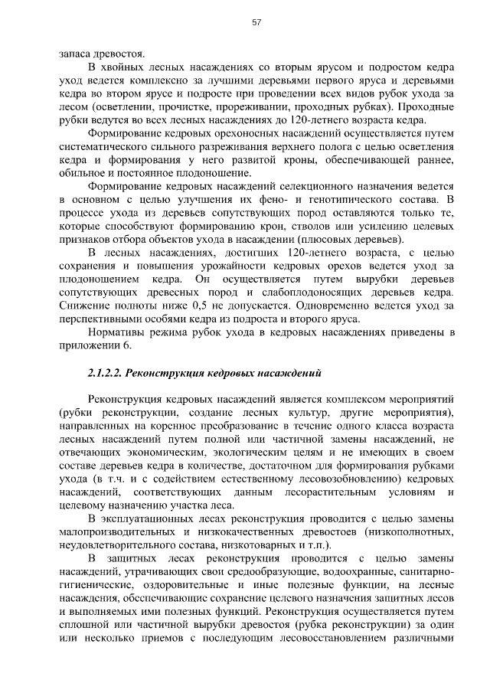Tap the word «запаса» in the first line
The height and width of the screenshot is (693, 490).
(x=74, y=56)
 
